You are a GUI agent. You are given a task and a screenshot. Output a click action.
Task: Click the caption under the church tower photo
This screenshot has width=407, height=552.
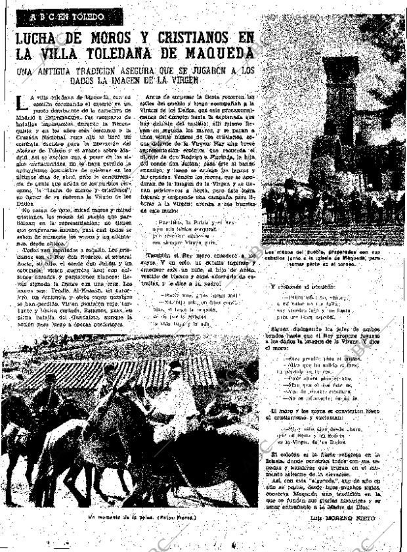[334, 254]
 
